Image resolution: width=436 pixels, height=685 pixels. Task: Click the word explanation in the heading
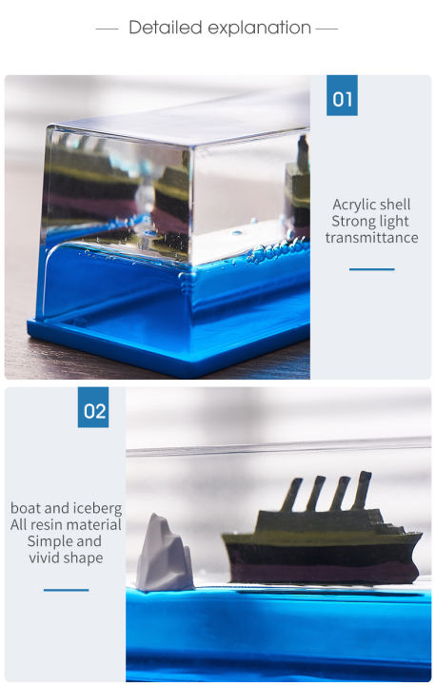tap(256, 28)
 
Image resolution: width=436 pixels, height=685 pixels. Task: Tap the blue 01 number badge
tap(342, 96)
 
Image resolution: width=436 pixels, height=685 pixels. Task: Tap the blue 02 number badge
tap(93, 411)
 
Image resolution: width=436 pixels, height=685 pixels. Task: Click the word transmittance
tap(371, 238)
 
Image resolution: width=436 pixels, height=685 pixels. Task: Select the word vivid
tap(48, 557)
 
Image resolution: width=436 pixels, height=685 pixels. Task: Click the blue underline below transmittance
tap(371, 269)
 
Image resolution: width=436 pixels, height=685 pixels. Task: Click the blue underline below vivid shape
tap(66, 589)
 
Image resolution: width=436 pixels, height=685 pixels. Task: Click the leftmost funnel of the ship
tap(294, 494)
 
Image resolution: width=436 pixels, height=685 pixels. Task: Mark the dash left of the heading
tap(107, 29)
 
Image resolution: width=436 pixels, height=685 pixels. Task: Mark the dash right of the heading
tap(327, 29)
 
